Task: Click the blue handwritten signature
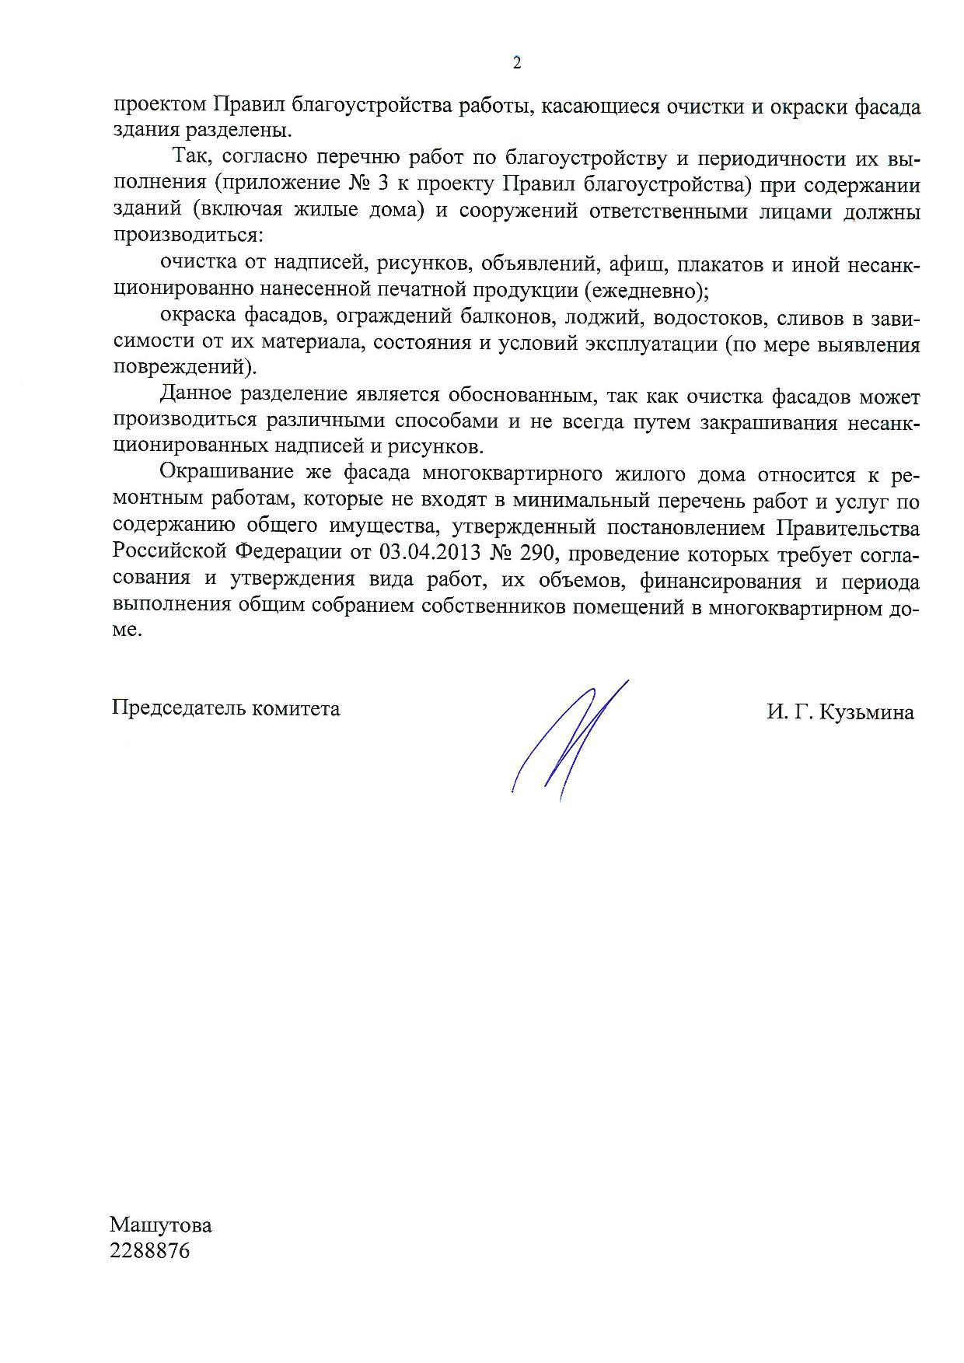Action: tap(570, 739)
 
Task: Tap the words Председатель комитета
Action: tap(226, 708)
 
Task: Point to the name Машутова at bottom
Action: tap(161, 1225)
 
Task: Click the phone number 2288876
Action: tap(151, 1252)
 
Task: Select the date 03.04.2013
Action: tap(421, 554)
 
